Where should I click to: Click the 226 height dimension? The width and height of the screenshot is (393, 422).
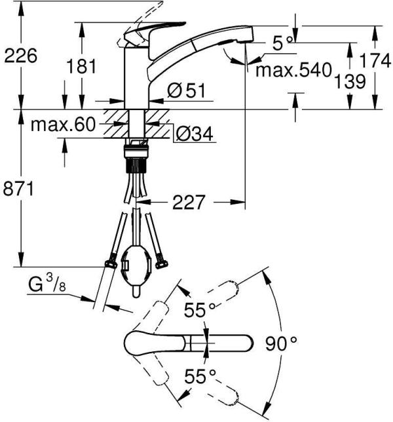20,56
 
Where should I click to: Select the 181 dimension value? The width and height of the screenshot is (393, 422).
81,66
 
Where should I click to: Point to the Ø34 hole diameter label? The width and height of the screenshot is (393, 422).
194,135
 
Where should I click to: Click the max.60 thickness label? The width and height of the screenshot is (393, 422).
63,124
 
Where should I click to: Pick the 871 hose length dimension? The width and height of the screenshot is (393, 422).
20,188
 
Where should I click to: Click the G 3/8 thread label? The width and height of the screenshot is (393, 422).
47,285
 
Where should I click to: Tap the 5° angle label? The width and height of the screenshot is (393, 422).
282,44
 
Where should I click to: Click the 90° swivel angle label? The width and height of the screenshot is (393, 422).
282,342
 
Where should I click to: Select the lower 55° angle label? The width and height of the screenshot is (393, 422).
200,375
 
